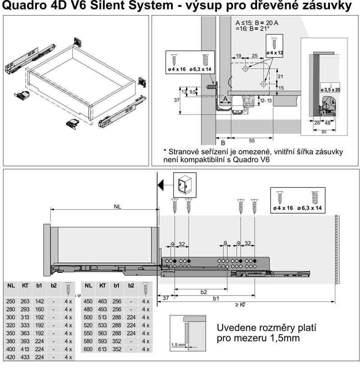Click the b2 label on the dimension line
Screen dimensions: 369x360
pyautogui.click(x=203, y=292)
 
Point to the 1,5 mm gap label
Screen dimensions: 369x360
pyautogui.click(x=178, y=345)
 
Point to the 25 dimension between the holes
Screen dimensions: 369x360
pyautogui.click(x=254, y=56)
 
